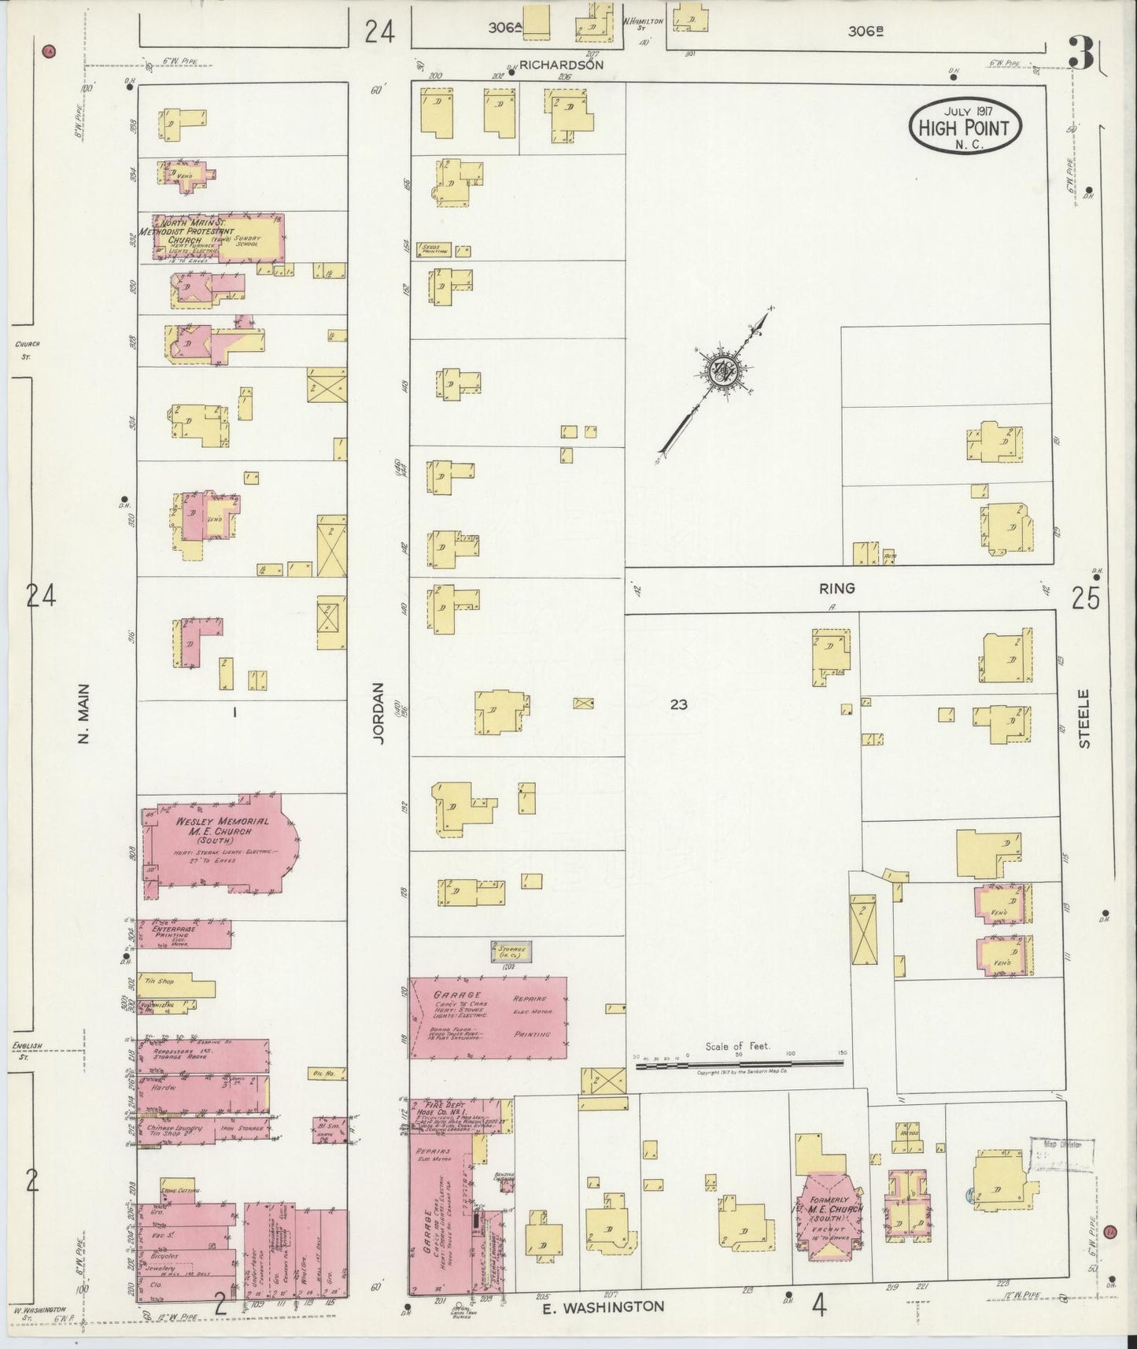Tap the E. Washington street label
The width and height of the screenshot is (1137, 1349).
point(604,1306)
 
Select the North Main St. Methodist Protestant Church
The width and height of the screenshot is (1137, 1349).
point(211,235)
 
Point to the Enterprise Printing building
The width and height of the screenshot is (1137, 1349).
point(186,935)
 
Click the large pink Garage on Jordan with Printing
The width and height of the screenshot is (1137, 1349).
point(488,1017)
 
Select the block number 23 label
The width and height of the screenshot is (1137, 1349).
point(678,705)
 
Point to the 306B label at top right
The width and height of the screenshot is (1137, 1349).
point(866,31)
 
